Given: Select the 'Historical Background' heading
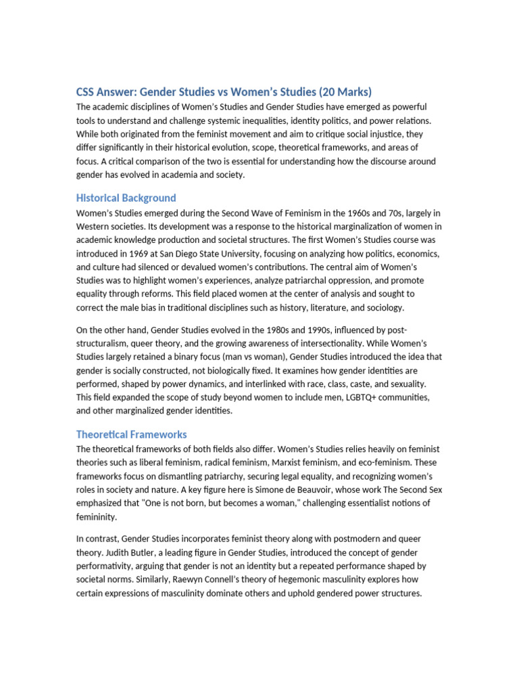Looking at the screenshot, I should [126, 198].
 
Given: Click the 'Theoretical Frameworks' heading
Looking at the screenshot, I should [131, 434].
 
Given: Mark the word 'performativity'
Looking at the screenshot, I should [106, 566].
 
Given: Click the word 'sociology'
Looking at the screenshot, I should [380, 307].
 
